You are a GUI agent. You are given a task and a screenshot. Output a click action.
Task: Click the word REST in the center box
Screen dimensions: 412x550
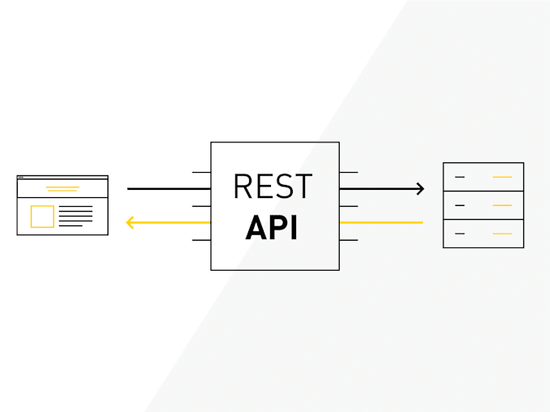point(272,187)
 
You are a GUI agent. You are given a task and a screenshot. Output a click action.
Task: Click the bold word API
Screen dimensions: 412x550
point(272,229)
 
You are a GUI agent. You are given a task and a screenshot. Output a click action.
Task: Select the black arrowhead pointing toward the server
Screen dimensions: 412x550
point(419,189)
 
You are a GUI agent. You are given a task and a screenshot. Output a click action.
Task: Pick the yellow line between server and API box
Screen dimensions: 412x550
point(381,222)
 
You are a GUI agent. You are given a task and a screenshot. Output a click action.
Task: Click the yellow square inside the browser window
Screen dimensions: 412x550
point(42,217)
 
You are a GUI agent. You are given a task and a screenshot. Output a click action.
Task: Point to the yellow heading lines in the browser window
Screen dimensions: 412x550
point(62,189)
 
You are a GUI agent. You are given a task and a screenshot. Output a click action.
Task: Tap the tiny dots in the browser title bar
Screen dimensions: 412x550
point(21,177)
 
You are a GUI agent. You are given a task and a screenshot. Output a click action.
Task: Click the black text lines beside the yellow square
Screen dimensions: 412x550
point(76,216)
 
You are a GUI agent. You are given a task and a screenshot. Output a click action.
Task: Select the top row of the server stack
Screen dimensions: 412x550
point(483,176)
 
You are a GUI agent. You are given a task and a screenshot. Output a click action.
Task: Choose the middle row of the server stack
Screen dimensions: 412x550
point(483,205)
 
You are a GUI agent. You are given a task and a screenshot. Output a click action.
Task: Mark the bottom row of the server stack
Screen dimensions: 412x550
point(483,233)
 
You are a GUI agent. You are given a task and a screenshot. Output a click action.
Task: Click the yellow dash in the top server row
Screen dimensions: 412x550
point(502,176)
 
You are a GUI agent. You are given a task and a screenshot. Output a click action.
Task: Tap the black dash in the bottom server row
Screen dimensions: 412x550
point(459,233)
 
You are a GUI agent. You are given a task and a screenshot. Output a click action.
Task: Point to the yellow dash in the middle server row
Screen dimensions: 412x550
point(502,205)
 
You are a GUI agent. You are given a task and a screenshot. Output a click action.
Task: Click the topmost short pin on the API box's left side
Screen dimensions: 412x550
point(201,172)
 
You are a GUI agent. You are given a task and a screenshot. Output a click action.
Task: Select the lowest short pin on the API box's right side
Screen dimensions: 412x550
point(349,240)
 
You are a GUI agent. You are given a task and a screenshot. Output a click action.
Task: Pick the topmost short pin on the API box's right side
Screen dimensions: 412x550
point(349,172)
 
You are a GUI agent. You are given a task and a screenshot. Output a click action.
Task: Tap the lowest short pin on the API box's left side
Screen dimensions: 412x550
point(201,240)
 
